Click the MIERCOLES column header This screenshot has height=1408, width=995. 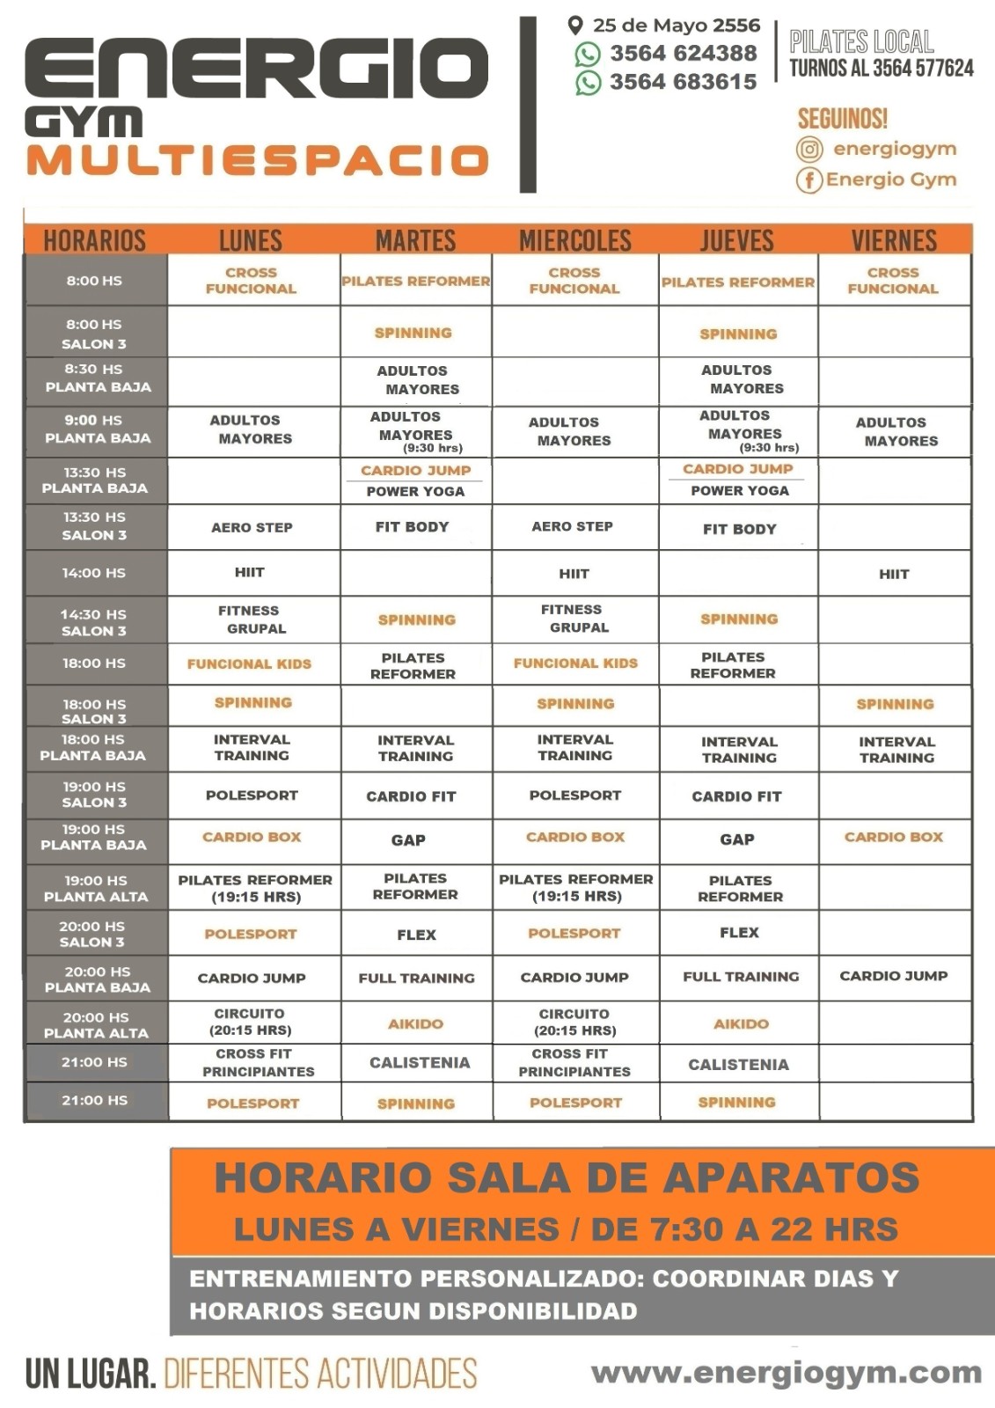coord(575,240)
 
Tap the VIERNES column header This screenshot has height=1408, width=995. coord(894,240)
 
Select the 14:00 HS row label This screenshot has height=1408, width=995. coord(94,573)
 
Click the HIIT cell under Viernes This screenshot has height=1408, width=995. coord(894,574)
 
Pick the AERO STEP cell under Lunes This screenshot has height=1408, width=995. coord(252,527)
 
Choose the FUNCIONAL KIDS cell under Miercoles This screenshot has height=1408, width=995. coord(575,663)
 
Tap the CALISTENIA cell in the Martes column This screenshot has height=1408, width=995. coord(420,1063)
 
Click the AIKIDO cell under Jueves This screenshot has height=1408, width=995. coord(741,1023)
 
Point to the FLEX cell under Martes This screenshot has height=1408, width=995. coord(416,935)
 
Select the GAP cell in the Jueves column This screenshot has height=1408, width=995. coord(737,840)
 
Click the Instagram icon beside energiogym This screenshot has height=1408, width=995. coord(809,150)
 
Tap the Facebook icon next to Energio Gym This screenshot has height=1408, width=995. coord(808,180)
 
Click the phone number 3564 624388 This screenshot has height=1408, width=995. coord(683,54)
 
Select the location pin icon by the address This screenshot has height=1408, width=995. coord(575,26)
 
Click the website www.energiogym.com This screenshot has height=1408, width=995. coord(786,1372)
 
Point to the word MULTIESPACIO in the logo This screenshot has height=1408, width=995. coord(257,161)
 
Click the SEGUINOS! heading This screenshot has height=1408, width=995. coord(842,119)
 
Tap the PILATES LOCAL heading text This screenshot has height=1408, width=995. coord(861,41)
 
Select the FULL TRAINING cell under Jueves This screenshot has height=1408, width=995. coord(741,977)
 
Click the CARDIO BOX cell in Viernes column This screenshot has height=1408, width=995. coord(894,837)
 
